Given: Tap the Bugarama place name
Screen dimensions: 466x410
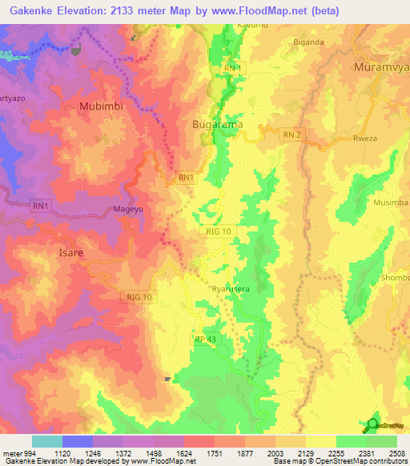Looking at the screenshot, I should coord(218,125).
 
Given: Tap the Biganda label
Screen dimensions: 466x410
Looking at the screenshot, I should coord(309,42).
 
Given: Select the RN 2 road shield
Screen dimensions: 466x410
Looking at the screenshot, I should coord(292,136).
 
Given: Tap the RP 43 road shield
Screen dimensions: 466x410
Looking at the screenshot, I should coord(204,339).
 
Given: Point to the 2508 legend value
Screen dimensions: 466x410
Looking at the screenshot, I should coord(397,452).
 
